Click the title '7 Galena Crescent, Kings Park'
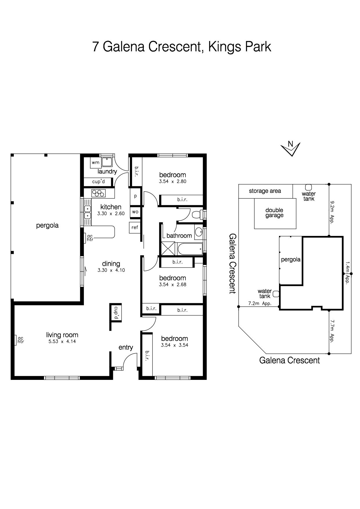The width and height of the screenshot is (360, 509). click(182, 47)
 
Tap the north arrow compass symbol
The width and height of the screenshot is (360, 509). click(291, 149)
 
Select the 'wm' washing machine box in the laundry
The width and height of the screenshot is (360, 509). click(95, 163)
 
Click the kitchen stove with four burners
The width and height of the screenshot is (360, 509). click(98, 193)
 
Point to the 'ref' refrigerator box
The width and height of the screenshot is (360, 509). click(135, 227)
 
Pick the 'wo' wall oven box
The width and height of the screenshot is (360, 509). click(135, 212)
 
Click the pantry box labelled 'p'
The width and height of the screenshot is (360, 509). click(135, 196)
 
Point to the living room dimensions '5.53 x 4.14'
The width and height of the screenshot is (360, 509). click(62, 342)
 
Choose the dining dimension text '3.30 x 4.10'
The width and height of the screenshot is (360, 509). click(111, 270)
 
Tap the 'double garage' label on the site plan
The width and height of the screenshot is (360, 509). click(274, 213)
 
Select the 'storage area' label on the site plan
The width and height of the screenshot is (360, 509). click(265, 191)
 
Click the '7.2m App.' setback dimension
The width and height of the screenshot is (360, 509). click(260, 304)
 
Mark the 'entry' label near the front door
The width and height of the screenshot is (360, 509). click(126, 347)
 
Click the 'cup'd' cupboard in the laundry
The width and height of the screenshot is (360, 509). click(98, 182)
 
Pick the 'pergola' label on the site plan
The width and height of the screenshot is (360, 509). click(291, 259)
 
